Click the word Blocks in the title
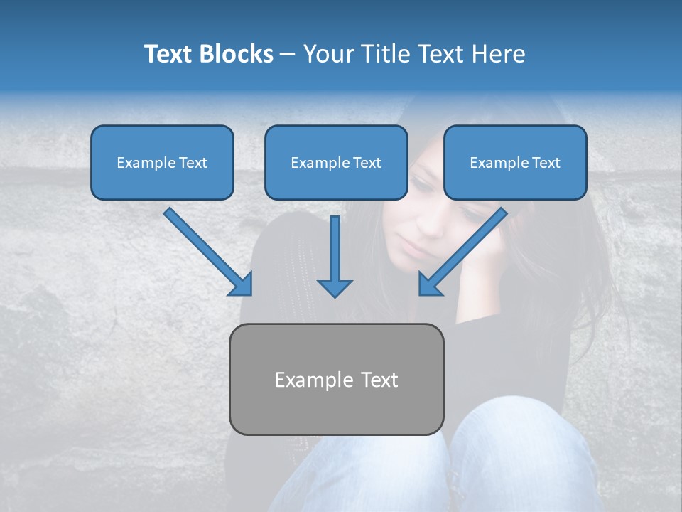(237, 54)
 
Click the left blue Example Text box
(162, 162)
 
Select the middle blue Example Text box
(336, 162)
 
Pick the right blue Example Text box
(515, 162)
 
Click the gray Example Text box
(336, 379)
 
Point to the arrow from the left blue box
(206, 250)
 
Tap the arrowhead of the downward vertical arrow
(335, 287)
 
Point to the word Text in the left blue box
(193, 163)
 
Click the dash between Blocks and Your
(288, 55)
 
